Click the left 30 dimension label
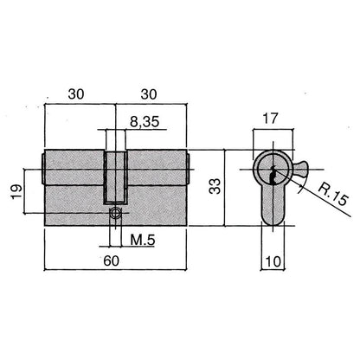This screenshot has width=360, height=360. [76, 94]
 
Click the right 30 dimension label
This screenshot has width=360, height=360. [149, 94]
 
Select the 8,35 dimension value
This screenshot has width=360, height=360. [145, 122]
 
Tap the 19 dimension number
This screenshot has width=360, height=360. [17, 191]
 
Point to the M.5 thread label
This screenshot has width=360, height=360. [143, 240]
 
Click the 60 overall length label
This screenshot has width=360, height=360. [111, 261]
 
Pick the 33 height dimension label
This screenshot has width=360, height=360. [215, 186]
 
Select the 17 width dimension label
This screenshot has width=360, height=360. [270, 119]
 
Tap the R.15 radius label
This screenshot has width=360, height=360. [334, 196]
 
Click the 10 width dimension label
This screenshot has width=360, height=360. [273, 261]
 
